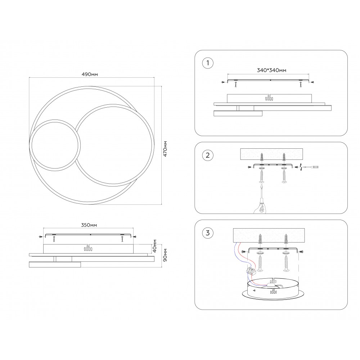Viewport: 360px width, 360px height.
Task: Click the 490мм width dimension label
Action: coord(90,75)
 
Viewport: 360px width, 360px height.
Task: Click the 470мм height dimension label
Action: coord(165,149)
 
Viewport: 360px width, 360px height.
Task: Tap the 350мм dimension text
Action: coord(89,225)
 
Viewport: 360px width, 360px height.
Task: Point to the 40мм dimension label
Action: coord(155,246)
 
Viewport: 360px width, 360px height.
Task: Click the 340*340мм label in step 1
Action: coord(271,70)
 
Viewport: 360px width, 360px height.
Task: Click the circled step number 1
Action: coord(208,63)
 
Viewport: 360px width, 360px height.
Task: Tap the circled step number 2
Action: coord(208,155)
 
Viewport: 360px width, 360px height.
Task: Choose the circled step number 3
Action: coord(208,233)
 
